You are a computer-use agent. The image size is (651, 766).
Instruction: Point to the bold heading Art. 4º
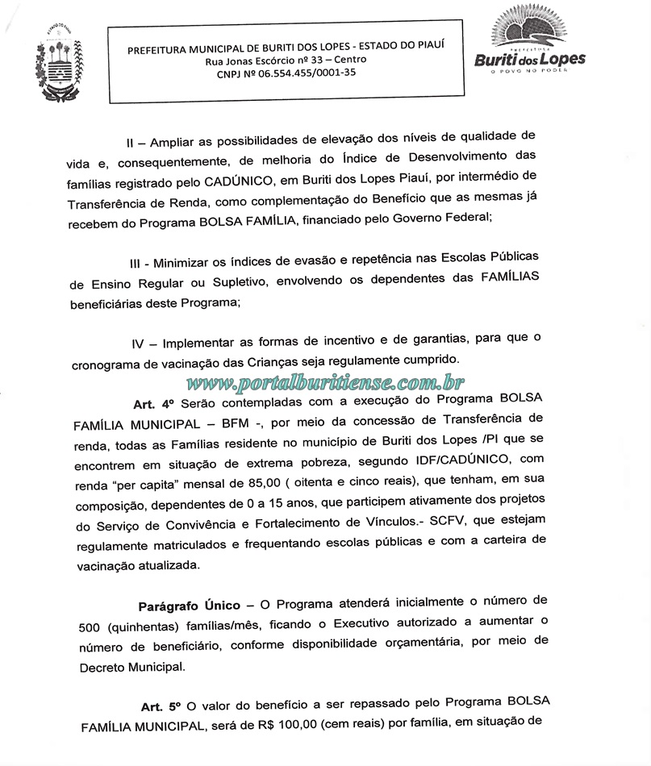[x=152, y=402]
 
